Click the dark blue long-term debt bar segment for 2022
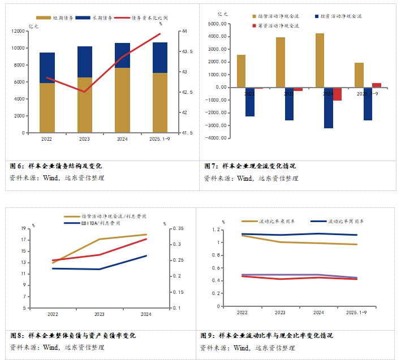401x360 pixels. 47,68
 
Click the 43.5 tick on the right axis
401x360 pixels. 187,51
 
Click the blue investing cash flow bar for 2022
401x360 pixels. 249,102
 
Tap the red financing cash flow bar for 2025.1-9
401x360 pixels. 376,85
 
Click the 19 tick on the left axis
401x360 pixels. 23,228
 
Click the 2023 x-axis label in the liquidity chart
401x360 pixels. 280,312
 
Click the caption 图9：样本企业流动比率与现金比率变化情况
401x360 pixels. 266,336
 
